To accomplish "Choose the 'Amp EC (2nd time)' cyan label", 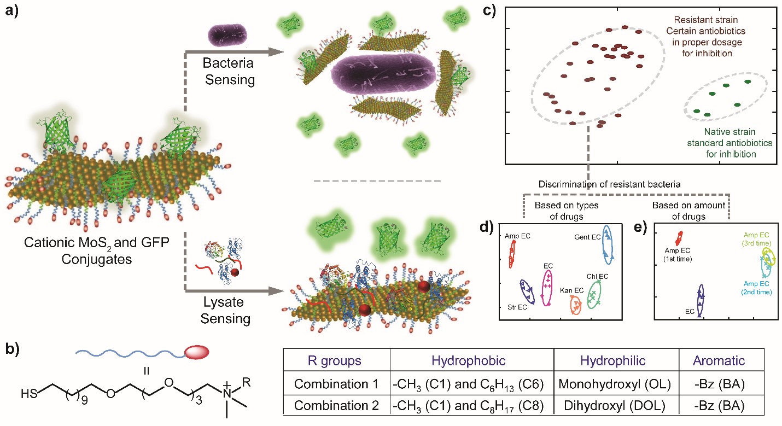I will click(x=756, y=288).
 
